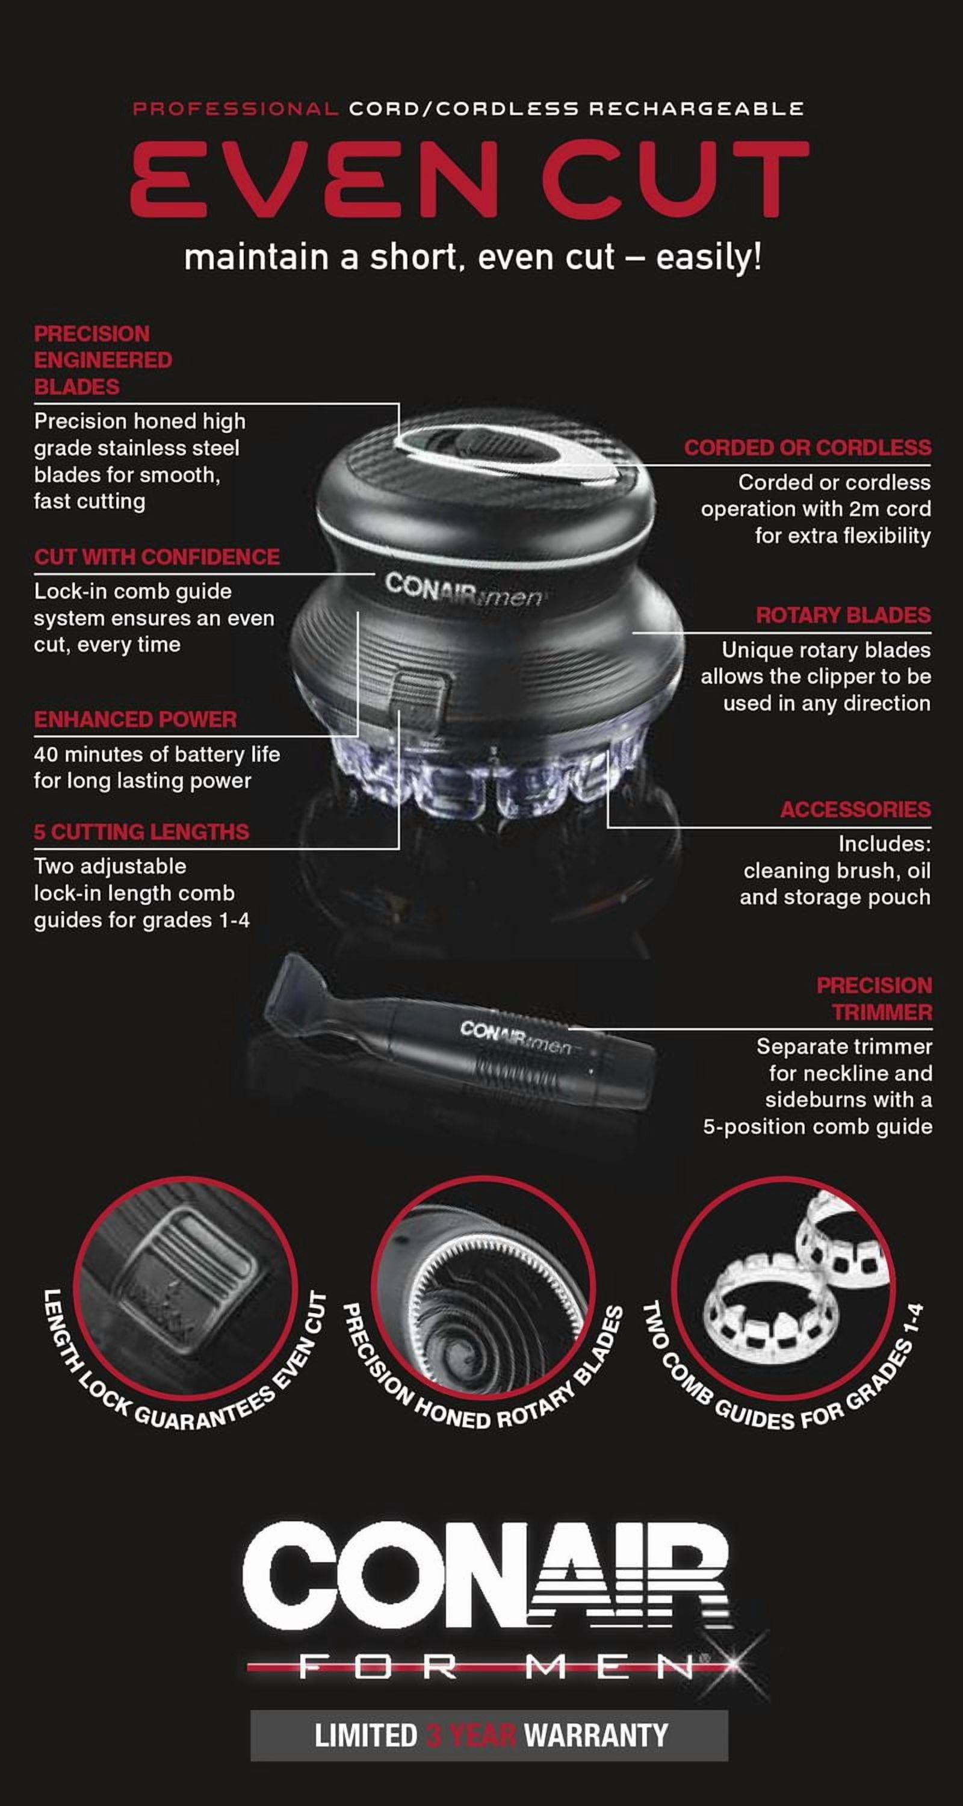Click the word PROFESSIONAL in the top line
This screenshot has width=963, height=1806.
click(235, 109)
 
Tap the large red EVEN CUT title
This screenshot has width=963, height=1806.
click(470, 178)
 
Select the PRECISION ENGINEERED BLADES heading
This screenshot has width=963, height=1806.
click(103, 359)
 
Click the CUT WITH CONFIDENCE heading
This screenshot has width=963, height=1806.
click(157, 557)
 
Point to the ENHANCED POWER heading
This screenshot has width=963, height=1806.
click(135, 719)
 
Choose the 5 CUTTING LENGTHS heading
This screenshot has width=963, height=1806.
click(141, 831)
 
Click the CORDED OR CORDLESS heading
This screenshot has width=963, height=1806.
click(807, 447)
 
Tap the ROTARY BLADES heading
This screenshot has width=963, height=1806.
click(843, 615)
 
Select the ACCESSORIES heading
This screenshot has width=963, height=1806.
click(856, 809)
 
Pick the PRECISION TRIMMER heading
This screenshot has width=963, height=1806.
click(875, 998)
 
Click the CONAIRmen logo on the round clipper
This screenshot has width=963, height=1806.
click(463, 589)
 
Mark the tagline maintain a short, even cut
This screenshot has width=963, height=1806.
click(472, 256)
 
